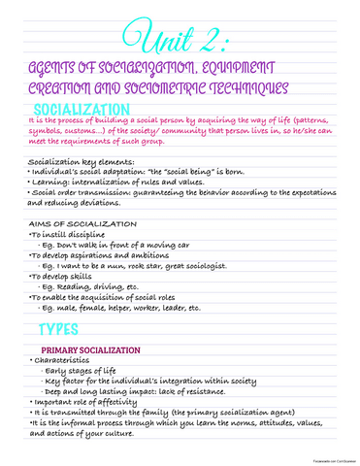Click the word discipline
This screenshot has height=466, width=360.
pyautogui.click(x=84, y=236)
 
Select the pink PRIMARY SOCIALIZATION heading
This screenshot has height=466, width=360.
pyautogui.click(x=91, y=379)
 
